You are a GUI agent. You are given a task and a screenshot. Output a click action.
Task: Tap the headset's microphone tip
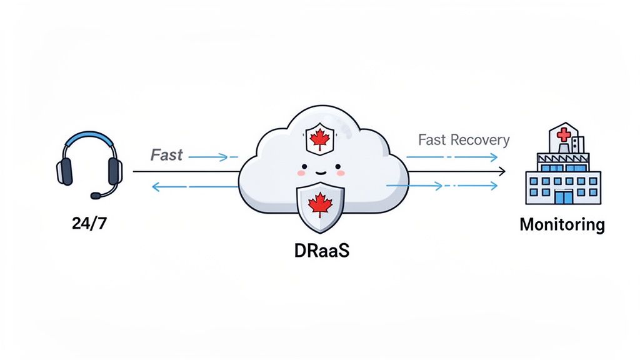pyautogui.click(x=95, y=196)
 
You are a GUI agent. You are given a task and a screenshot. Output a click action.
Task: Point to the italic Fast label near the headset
pyautogui.click(x=167, y=155)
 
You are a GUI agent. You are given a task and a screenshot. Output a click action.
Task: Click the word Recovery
pyautogui.click(x=480, y=140)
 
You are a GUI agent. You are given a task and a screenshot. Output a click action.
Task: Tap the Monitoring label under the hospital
pyautogui.click(x=562, y=224)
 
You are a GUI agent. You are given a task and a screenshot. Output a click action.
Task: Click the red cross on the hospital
pyautogui.click(x=562, y=133)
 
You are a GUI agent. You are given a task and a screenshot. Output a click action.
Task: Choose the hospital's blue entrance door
pyautogui.click(x=563, y=197)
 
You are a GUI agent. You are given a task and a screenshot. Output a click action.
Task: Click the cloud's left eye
pyautogui.click(x=304, y=168)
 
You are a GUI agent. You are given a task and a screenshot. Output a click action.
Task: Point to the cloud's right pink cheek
pyautogui.click(x=341, y=172)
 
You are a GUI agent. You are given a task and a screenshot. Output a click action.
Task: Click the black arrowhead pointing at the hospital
pyautogui.click(x=502, y=171)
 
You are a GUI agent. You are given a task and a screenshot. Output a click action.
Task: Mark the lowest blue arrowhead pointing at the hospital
pyautogui.click(x=494, y=186)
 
